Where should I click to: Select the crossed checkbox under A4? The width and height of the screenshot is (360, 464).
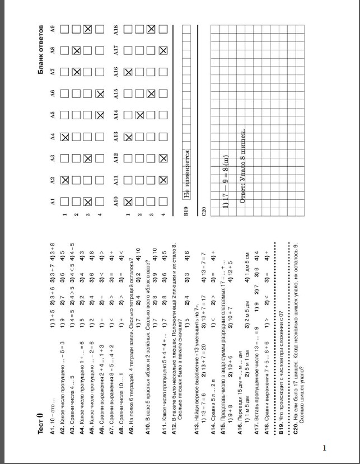click(x=65, y=137)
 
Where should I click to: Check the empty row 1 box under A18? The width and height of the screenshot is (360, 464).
click(x=128, y=28)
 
